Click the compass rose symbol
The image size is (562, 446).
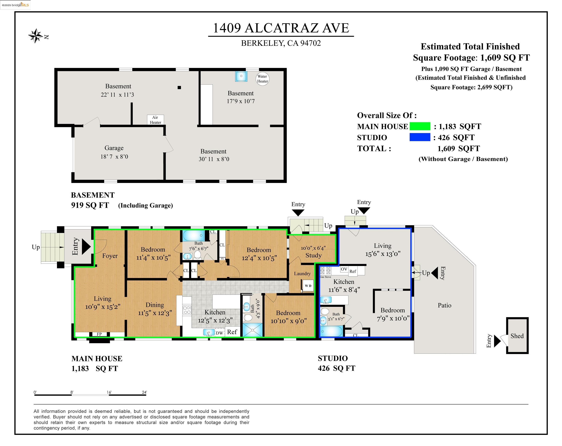tap(36, 36)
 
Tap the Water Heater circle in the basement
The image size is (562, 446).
tap(262, 79)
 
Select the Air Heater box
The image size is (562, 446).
tap(155, 120)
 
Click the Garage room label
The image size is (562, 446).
tap(114, 148)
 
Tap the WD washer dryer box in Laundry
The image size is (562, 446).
tap(308, 286)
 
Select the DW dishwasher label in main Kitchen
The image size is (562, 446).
tap(219, 333)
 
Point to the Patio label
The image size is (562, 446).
tap(444, 305)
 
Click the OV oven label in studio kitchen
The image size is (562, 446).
tap(344, 269)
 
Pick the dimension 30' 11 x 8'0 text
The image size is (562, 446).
tap(214, 159)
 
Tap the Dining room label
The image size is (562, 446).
tap(155, 305)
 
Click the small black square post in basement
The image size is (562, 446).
tap(179, 87)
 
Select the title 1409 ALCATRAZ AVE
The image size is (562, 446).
tap(281, 28)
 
